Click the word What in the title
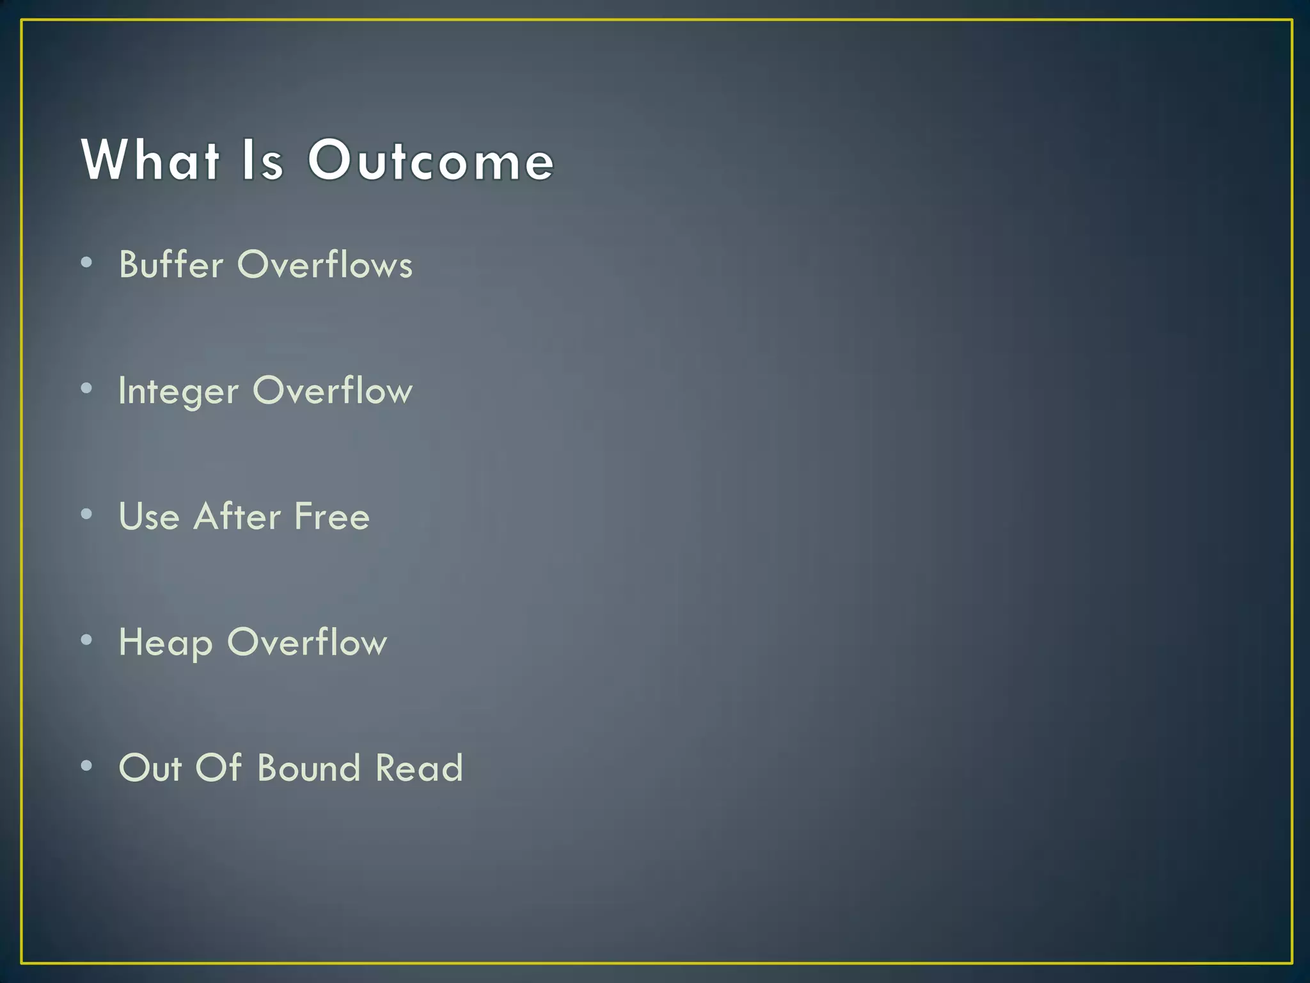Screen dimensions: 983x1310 (151, 160)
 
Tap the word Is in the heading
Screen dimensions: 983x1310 (262, 160)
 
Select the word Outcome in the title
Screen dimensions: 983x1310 (430, 160)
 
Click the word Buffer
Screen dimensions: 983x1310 (171, 264)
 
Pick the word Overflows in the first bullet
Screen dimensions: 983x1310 (325, 264)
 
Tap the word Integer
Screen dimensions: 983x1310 (178, 391)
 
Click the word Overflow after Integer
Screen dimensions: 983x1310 (333, 390)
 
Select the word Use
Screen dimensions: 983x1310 (149, 516)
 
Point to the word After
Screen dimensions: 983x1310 (237, 516)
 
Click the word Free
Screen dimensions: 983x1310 (332, 516)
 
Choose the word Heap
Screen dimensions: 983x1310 (166, 643)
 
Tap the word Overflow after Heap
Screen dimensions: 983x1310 (307, 642)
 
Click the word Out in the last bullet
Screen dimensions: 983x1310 (150, 768)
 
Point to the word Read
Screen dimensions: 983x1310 (419, 768)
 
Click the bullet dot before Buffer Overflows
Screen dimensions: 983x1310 (87, 262)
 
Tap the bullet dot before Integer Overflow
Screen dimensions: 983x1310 (87, 388)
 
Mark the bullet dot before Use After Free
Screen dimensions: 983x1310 (87, 514)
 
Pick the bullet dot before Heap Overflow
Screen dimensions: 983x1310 (87, 640)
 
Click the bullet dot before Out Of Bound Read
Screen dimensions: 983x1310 (87, 765)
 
